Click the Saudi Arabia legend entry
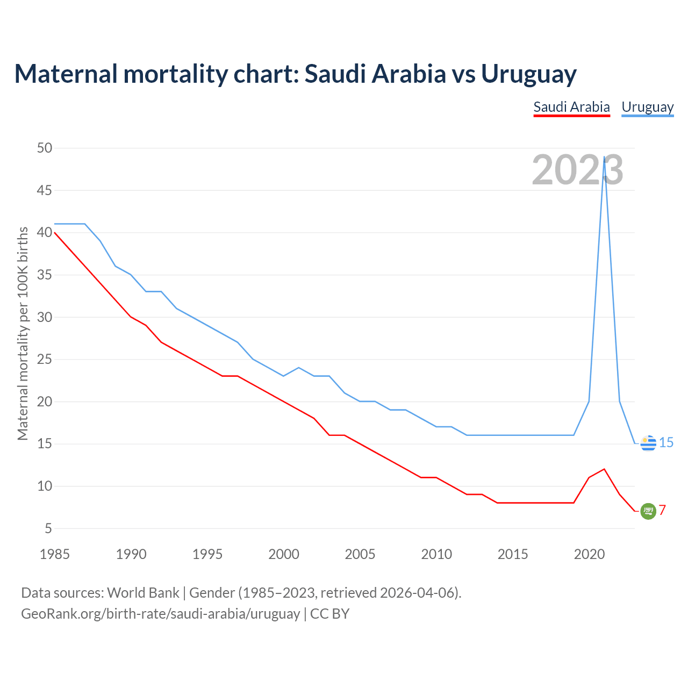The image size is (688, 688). (571, 107)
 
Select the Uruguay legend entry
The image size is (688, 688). (647, 107)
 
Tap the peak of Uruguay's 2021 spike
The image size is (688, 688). (605, 157)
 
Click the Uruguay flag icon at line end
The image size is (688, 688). (648, 443)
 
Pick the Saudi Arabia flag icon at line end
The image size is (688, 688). (648, 511)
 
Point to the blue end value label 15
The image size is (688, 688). (666, 442)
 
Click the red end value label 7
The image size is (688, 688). (662, 510)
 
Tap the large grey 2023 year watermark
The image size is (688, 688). (577, 170)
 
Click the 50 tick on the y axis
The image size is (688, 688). (45, 148)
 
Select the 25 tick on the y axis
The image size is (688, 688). (45, 359)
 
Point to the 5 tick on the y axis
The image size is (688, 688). (48, 528)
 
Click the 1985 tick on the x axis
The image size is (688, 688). (55, 554)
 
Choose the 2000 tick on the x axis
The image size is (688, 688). (284, 554)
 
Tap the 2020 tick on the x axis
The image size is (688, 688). (589, 554)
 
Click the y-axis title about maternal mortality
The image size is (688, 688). (23, 333)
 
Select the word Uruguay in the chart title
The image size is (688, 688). (528, 74)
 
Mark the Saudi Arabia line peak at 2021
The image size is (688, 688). (605, 469)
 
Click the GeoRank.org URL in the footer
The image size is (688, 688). (160, 613)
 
